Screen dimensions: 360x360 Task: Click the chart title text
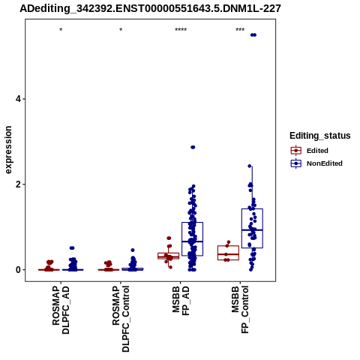coord(150,9)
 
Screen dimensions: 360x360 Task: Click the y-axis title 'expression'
coord(8,150)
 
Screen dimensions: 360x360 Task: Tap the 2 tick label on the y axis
coord(17,184)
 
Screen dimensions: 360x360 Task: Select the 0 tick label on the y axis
coord(17,270)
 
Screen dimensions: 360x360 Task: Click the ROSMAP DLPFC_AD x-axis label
coord(61,310)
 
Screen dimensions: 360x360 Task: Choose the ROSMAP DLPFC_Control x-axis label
coord(121,319)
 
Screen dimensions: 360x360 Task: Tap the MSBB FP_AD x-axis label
coord(181,301)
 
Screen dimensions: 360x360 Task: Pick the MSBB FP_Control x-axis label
coord(241,310)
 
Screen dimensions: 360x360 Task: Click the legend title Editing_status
coord(320,136)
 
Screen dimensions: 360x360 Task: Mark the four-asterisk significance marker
coord(181,30)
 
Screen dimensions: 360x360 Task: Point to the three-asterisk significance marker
coord(240,30)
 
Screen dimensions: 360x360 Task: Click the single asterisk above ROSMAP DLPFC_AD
coord(61,30)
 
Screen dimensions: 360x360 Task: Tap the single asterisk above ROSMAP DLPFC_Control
coord(121,30)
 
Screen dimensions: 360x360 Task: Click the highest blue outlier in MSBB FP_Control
coord(253,35)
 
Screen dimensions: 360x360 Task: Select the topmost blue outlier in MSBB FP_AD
coord(193,147)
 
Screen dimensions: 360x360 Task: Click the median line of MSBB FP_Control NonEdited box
coord(252,230)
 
